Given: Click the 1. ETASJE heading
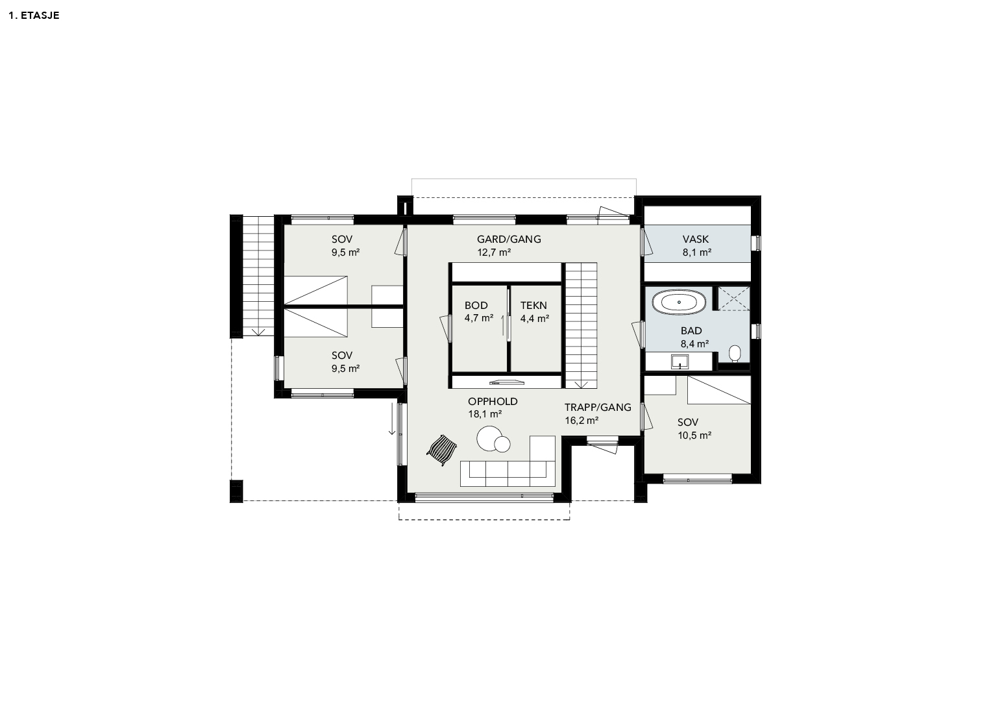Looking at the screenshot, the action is click(34, 16).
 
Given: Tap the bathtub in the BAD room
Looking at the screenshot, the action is click(679, 302).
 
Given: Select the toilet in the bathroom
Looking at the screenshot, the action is click(735, 354).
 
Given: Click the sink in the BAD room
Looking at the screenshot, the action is click(679, 362).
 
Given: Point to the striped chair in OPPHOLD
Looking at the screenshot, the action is click(441, 450).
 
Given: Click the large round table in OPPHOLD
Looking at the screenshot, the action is click(489, 439).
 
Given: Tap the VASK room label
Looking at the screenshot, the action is click(696, 240).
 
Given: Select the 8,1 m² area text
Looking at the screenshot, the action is click(697, 252).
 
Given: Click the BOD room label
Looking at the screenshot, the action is click(476, 305).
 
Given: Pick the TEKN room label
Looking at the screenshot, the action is click(533, 305).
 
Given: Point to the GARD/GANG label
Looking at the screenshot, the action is click(509, 240).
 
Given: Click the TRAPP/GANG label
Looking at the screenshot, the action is click(598, 407).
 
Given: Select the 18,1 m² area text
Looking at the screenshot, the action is click(485, 414).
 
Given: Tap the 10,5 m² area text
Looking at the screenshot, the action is click(694, 436).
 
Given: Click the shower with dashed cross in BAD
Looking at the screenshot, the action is click(733, 299).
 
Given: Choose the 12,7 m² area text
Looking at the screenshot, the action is click(494, 252).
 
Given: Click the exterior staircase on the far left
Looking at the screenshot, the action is click(258, 276).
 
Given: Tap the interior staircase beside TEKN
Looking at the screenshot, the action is click(581, 326).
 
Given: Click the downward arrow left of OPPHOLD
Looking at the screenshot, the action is click(391, 419).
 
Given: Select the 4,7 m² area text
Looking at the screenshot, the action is click(479, 318).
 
